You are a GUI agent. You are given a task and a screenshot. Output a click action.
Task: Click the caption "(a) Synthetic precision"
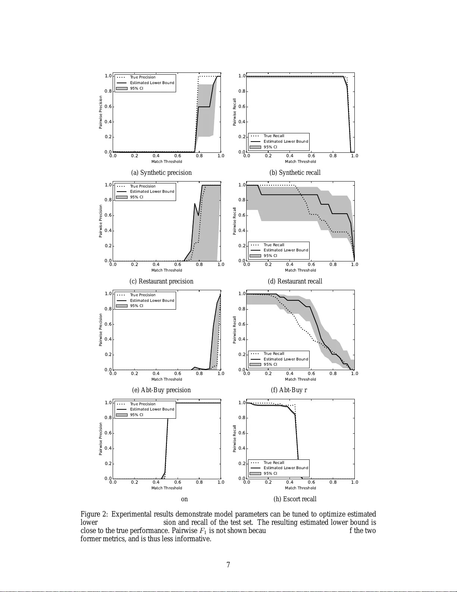point(161,173)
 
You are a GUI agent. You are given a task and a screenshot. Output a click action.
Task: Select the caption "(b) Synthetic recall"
point(295,173)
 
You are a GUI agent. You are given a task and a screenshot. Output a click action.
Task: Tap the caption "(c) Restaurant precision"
point(161,281)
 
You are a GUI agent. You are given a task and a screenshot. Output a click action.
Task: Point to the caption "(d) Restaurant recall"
point(295,281)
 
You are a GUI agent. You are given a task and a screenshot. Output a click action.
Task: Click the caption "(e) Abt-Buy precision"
point(161,390)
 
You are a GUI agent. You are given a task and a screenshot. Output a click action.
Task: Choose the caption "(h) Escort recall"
point(295,499)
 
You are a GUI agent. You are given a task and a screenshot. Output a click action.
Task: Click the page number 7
point(228,565)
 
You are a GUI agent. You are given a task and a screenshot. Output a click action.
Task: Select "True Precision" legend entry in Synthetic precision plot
point(143,77)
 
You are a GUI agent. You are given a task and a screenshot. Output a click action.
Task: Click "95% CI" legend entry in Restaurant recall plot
point(270,256)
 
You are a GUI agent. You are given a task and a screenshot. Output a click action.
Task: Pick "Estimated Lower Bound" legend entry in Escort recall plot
point(286,468)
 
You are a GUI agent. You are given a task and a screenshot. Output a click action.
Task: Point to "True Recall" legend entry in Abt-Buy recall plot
point(274,354)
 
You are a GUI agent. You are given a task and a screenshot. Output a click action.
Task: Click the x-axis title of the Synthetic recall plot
point(300,162)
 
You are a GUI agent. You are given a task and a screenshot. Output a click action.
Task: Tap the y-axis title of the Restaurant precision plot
point(100,221)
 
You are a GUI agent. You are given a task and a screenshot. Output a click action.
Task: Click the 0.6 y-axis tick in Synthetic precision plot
point(108,107)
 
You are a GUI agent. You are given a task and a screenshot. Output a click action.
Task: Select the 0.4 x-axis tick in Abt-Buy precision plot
point(156,374)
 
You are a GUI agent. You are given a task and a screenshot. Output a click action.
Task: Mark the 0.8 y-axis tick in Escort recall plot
point(242,418)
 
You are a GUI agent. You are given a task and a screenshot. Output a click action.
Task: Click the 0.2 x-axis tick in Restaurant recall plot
point(268,264)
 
